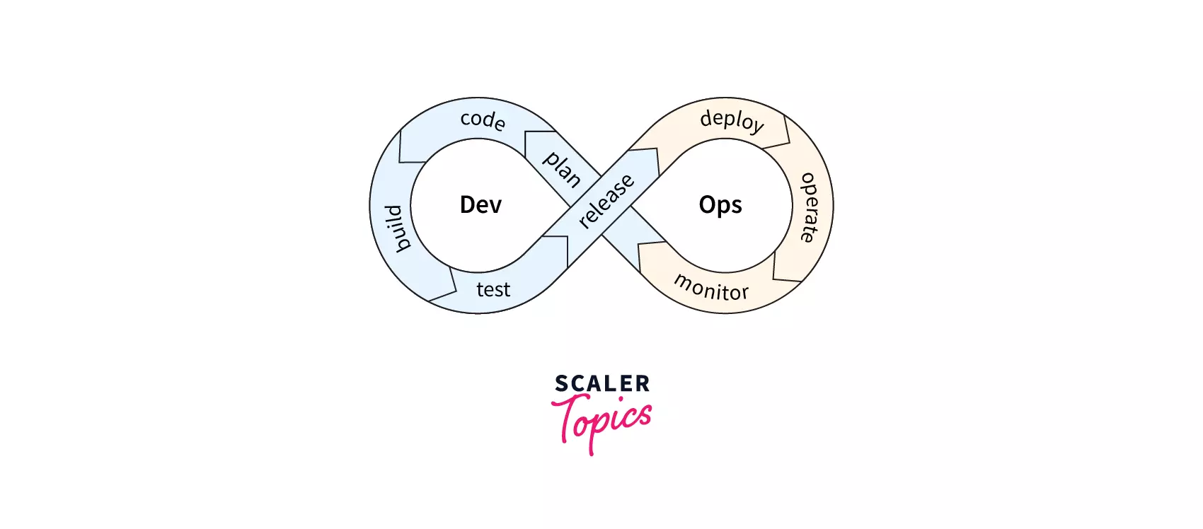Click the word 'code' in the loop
[x=483, y=120]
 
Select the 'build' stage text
[x=398, y=228]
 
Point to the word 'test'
[x=493, y=290]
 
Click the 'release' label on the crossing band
[x=606, y=201]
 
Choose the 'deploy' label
[x=732, y=121]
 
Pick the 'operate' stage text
[x=809, y=208]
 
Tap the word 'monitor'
[x=711, y=288]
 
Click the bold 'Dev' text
[x=480, y=204]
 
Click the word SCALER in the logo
[x=602, y=383]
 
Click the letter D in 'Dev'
[x=467, y=204]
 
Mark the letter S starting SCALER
[x=562, y=383]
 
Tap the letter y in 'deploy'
[x=756, y=127]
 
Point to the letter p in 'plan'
[x=550, y=159]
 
